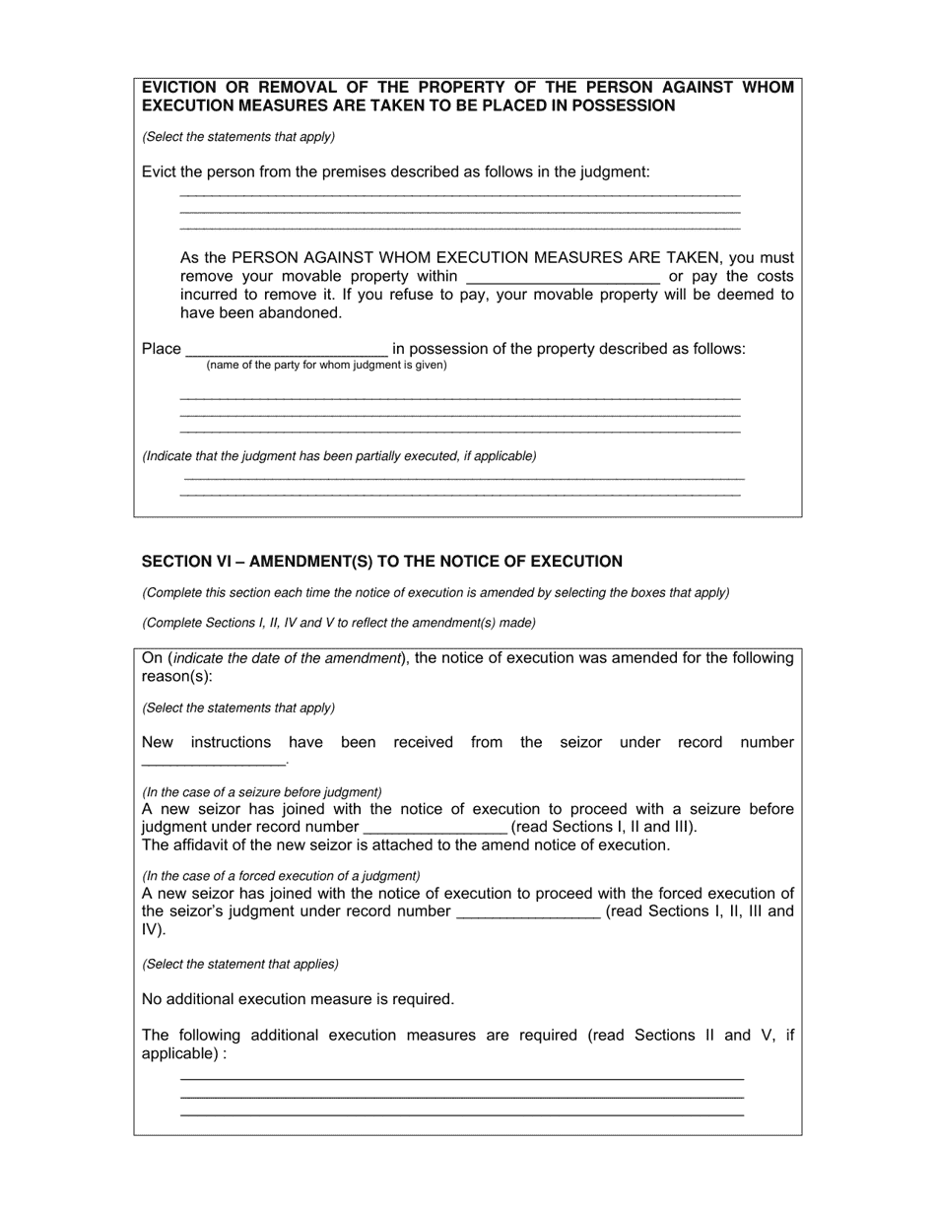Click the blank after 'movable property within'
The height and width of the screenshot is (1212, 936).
click(x=562, y=277)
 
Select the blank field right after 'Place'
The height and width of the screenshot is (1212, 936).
click(x=287, y=349)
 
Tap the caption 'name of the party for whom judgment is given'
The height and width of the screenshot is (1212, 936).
click(x=326, y=366)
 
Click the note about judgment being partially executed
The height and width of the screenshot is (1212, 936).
click(x=339, y=456)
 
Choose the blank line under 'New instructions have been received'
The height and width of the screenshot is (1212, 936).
click(x=214, y=761)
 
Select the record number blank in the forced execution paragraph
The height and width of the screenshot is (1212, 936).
click(x=528, y=911)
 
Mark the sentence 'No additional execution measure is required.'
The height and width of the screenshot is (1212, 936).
click(x=298, y=999)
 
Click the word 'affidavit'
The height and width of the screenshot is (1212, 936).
click(x=203, y=845)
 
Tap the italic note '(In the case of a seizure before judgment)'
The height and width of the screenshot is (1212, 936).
click(x=262, y=792)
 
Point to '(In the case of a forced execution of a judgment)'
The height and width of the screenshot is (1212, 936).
click(x=281, y=876)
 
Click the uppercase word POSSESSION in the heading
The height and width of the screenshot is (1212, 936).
click(x=628, y=105)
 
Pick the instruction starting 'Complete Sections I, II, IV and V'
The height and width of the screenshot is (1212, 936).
click(x=339, y=623)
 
